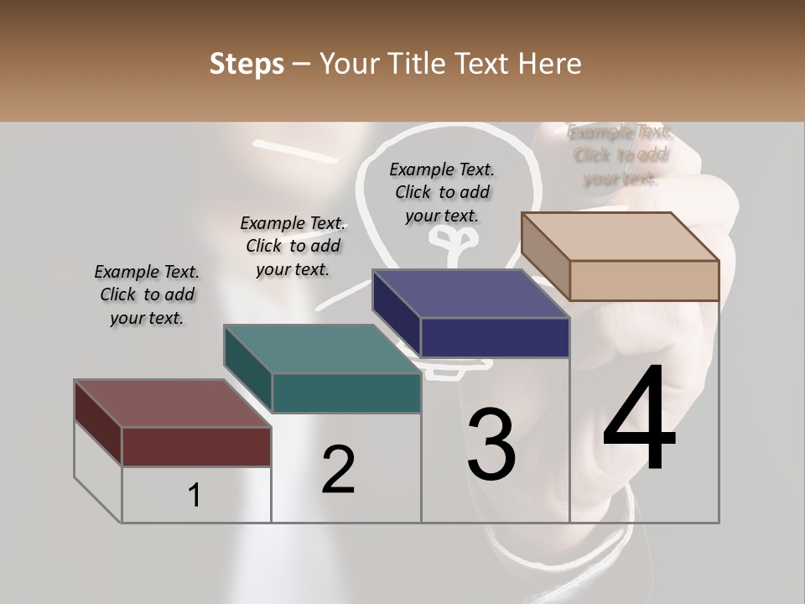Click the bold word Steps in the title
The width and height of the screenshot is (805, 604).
[x=247, y=63]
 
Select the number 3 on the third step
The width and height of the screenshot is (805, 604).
[x=491, y=445]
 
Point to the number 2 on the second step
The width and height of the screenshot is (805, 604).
[x=338, y=470]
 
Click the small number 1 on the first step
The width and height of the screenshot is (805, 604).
[x=194, y=495]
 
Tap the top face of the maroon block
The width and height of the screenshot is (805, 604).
[x=172, y=403]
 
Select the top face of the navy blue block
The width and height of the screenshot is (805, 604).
[x=470, y=294]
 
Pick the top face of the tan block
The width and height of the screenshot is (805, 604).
[x=620, y=236]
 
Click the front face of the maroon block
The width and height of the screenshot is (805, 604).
[x=197, y=446]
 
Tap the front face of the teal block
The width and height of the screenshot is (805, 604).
[x=346, y=393]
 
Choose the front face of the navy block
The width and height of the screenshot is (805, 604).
[x=496, y=338]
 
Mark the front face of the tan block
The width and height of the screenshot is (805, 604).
[x=644, y=280]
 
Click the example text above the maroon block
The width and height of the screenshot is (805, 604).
[x=147, y=295]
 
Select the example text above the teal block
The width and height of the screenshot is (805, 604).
[x=293, y=246]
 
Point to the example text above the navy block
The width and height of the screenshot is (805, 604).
[x=442, y=192]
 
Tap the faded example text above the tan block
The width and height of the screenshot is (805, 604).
[x=620, y=154]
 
